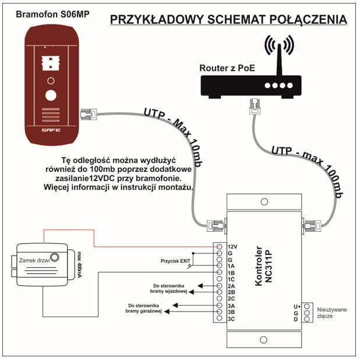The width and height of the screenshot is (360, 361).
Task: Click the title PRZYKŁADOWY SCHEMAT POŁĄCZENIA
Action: pyautogui.click(x=228, y=20)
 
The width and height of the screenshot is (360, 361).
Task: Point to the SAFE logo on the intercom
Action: pyautogui.click(x=51, y=131)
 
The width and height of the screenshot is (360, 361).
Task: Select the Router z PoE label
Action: pyautogui.click(x=227, y=68)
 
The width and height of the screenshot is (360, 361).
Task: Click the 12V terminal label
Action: pyautogui.click(x=232, y=246)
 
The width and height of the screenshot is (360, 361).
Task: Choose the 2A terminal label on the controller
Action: pyautogui.click(x=231, y=286)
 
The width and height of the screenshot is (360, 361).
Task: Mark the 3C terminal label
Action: pyautogui.click(x=231, y=318)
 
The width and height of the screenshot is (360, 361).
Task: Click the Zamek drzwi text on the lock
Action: pyautogui.click(x=34, y=260)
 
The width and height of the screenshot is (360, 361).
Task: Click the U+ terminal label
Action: pyautogui.click(x=297, y=306)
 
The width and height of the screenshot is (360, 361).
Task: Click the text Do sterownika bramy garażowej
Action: pyautogui.click(x=144, y=308)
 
